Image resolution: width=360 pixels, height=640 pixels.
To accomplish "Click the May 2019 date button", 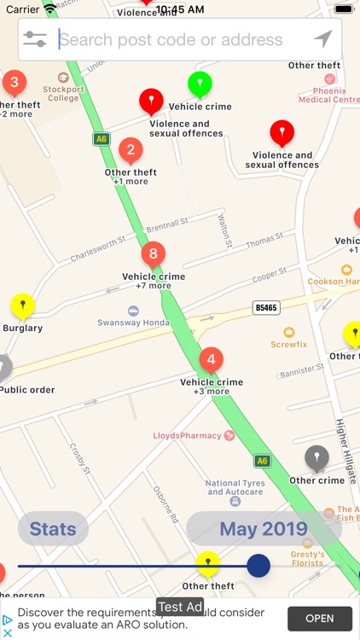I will (264, 529).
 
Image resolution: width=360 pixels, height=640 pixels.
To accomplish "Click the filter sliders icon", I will (35, 39).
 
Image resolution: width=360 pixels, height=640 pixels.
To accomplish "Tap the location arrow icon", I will (322, 39).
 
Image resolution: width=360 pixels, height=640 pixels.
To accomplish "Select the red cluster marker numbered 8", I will (153, 253).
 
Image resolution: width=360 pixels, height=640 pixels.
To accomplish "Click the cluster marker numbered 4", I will (211, 359).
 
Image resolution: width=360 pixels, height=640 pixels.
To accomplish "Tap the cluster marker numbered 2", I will (130, 151).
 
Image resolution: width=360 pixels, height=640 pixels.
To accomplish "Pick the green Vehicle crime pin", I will (200, 84).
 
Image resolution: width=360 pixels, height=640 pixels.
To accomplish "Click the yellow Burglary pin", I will (22, 305).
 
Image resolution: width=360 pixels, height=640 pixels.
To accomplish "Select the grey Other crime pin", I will (316, 457).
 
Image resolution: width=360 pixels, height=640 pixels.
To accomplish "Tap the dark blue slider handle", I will (258, 565).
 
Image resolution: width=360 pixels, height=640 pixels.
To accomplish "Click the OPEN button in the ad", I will (320, 619).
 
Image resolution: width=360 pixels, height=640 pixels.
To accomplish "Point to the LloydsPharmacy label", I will (188, 435).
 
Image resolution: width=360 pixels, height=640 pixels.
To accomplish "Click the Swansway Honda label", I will (133, 322).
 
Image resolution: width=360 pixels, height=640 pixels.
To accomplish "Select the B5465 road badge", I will (266, 307).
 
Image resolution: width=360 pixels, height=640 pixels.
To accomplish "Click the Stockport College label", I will (63, 92).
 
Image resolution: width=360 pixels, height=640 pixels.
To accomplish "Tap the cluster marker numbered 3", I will (14, 83).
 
